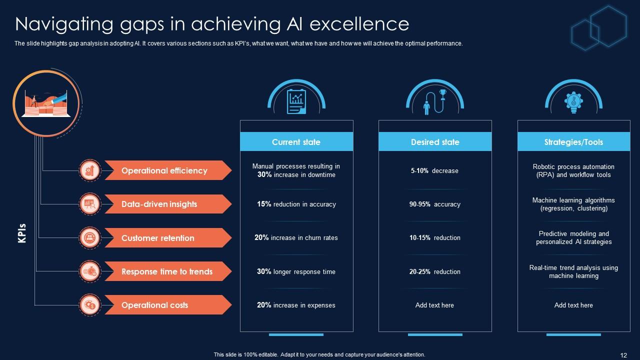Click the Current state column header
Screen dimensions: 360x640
[296, 142]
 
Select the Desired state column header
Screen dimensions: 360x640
[435, 142]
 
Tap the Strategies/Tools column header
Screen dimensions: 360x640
[573, 142]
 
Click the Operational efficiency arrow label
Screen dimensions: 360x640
[165, 170]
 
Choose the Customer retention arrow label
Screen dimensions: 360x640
[158, 238]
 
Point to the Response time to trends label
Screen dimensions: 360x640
[167, 271]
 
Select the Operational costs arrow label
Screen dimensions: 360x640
[155, 305]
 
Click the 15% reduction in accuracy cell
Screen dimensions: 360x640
[296, 204]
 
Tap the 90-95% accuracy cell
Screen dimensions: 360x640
[434, 204]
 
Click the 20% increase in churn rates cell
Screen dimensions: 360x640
[296, 238]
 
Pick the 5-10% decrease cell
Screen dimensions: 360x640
[434, 170]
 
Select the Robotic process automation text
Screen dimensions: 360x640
[573, 170]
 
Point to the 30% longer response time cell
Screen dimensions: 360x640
[296, 271]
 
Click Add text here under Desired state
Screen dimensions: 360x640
[434, 305]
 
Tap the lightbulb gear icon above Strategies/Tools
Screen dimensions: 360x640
[573, 101]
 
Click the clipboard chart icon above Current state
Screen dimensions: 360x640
[296, 101]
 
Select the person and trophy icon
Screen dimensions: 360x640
[434, 101]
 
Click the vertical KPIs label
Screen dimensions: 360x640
[22, 233]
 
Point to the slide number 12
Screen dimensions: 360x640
[623, 355]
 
